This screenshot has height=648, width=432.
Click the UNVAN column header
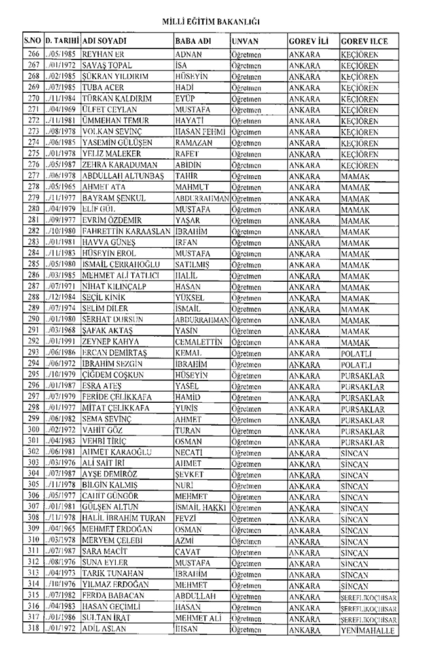pyautogui.click(x=245, y=41)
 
